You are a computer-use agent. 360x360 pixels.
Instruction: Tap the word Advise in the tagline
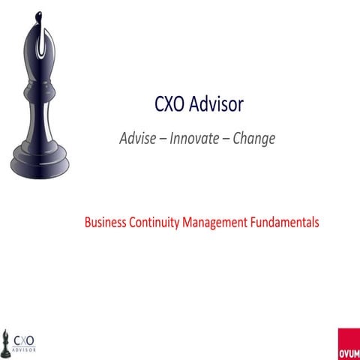(x=139, y=139)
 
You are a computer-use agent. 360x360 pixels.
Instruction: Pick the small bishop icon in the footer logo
(x=7, y=340)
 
